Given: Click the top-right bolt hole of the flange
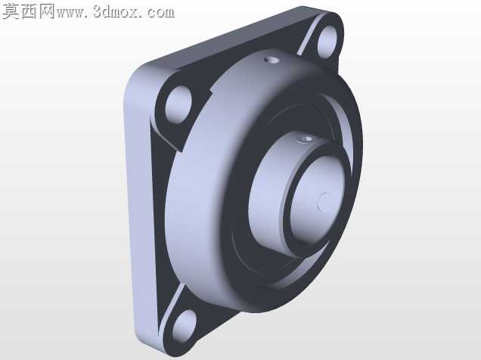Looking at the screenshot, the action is tap(327, 42).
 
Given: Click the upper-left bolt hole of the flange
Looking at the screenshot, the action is tap(178, 105).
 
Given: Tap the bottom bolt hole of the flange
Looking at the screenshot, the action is tap(184, 327).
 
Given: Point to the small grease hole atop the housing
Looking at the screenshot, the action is tap(272, 60).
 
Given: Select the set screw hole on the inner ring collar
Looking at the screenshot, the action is tap(306, 139).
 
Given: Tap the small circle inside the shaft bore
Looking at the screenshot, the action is tap(323, 202).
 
